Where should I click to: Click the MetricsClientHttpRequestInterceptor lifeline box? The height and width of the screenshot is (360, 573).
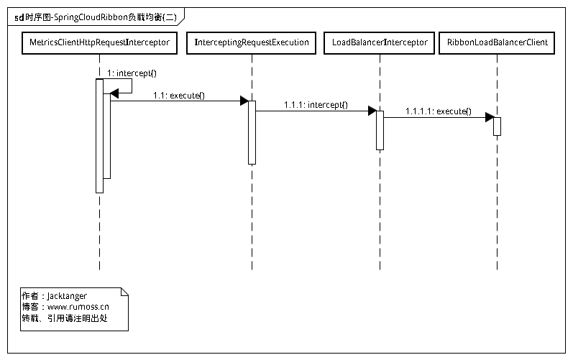click(x=100, y=43)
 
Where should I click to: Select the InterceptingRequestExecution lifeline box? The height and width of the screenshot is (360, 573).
click(x=252, y=43)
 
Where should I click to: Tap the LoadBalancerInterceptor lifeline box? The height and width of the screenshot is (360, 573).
click(x=380, y=43)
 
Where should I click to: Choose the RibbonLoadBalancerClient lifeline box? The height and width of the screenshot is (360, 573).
click(x=497, y=43)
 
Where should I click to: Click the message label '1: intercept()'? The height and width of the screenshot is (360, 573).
click(x=132, y=73)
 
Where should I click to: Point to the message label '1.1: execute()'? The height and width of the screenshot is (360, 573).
click(x=178, y=95)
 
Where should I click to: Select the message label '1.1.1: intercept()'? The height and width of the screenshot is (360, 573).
click(x=316, y=105)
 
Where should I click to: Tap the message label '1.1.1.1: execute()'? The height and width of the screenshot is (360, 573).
click(x=439, y=111)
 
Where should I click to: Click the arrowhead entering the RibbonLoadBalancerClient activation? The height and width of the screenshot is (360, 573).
click(x=489, y=117)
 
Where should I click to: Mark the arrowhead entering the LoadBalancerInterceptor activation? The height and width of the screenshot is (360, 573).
click(x=372, y=111)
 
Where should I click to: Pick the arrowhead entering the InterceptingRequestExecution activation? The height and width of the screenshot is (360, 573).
click(x=244, y=101)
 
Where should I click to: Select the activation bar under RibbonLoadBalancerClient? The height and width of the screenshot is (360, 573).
click(x=497, y=126)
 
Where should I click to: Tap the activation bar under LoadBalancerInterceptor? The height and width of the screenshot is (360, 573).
click(x=380, y=130)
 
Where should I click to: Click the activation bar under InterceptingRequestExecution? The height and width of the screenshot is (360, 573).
click(x=252, y=133)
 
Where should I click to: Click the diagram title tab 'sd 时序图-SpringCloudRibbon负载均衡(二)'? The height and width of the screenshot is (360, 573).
click(x=95, y=15)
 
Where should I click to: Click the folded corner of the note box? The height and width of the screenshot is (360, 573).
click(x=124, y=291)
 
